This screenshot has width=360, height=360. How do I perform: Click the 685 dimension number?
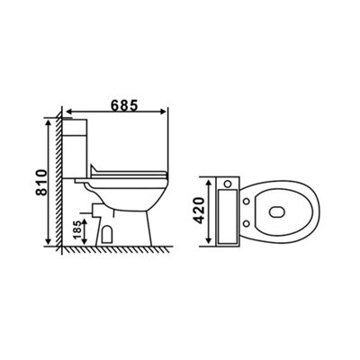(x=124, y=105)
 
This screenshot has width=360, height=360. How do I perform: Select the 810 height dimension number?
(x=41, y=183)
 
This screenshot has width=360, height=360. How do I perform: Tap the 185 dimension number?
(x=76, y=230)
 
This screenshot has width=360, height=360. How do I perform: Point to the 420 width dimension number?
(x=199, y=211)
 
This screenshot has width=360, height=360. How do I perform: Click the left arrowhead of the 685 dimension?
(x=69, y=112)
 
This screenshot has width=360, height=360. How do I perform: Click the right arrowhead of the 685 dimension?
(x=162, y=112)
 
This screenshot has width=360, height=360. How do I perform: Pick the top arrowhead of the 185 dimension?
(x=85, y=222)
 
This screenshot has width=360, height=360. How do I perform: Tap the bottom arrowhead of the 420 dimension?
(x=208, y=240)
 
